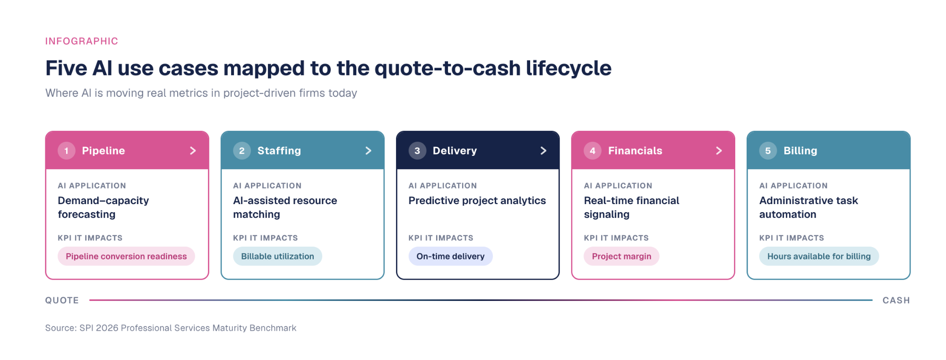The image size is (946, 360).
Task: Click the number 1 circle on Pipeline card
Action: (67, 151)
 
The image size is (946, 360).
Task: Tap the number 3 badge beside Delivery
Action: (417, 151)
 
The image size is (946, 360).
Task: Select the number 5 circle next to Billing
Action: (768, 151)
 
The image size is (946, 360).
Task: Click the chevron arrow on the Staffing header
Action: (369, 151)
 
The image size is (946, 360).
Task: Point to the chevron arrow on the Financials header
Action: (719, 151)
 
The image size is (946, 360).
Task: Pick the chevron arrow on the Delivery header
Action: (544, 151)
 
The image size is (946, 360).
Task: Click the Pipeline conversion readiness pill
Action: (126, 256)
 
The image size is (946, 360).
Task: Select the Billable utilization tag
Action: (277, 256)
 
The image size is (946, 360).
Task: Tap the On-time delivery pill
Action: (450, 256)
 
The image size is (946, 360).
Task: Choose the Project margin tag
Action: (621, 256)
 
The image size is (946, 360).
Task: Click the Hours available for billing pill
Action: (819, 256)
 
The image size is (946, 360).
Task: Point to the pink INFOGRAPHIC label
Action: (82, 41)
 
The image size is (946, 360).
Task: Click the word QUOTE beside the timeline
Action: (62, 300)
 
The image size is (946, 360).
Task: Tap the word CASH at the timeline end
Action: (896, 300)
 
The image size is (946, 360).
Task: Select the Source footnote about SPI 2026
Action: (171, 328)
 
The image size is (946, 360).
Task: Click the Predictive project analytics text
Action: (477, 201)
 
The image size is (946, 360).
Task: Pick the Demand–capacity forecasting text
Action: (103, 207)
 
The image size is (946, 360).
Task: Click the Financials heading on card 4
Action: (635, 151)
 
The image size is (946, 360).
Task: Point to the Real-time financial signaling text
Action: (631, 207)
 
